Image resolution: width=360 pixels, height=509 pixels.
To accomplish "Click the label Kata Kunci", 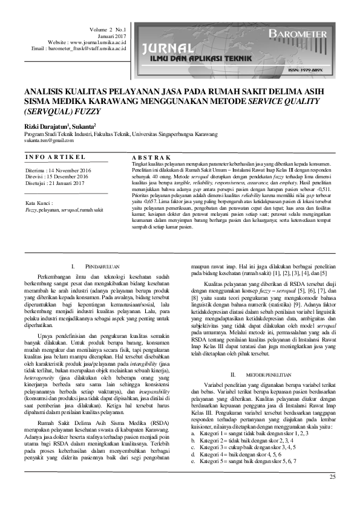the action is click(38, 203).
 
